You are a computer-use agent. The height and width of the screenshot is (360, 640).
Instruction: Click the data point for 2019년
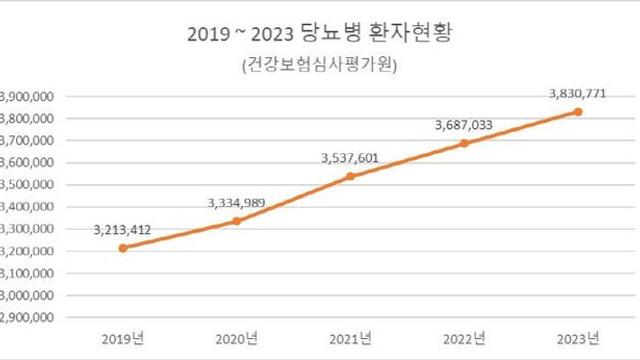122,248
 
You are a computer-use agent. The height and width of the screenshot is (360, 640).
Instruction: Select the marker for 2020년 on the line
236,221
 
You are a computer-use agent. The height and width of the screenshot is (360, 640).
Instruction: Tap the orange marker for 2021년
349,176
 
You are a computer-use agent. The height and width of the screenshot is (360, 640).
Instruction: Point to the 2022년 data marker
464,143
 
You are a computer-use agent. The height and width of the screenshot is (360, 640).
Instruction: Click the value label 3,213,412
125,229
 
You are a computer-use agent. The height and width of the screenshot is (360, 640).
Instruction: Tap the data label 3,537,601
350,157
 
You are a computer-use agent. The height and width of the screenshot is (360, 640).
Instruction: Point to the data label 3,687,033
464,125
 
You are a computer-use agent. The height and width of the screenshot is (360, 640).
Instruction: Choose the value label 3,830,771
577,93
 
